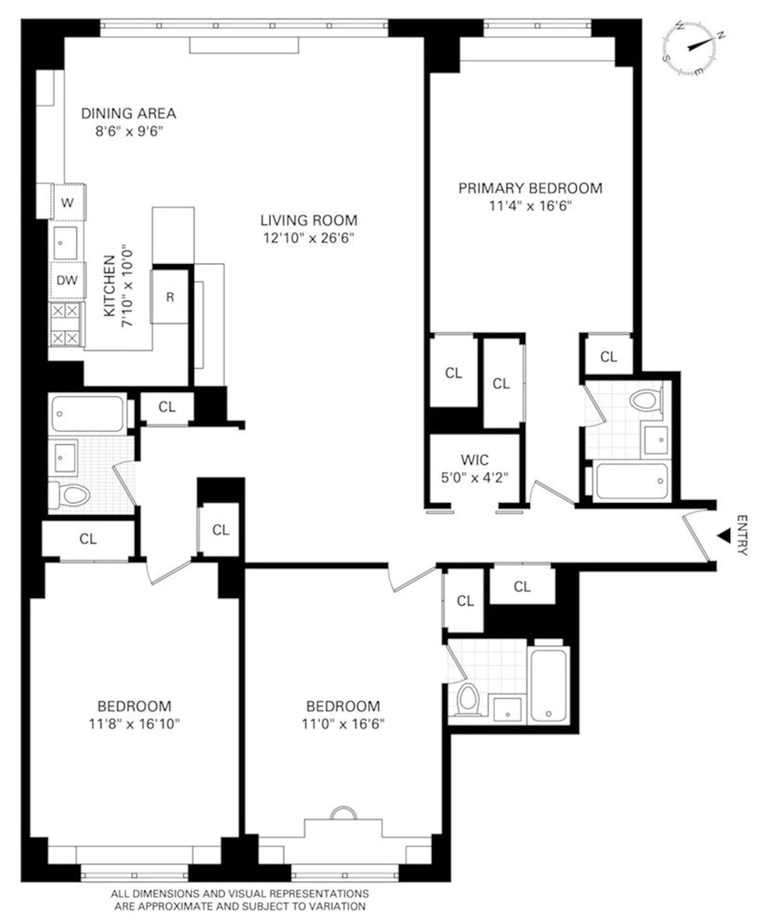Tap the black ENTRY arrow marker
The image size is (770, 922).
723,535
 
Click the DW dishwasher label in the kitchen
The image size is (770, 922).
67,280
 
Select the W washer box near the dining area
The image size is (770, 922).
67,203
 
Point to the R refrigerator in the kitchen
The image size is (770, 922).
170,297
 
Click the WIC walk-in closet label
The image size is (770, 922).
475,460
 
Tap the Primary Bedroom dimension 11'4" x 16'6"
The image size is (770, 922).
530,206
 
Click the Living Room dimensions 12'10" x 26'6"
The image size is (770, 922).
308,238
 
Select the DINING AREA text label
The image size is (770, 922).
128,114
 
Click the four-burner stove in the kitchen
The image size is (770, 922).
65,324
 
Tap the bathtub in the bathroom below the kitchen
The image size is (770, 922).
88,414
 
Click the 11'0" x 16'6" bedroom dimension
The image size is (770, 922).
343,724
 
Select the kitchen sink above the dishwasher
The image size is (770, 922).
65,243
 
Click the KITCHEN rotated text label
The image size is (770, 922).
110,286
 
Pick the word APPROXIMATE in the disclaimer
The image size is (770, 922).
166,907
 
